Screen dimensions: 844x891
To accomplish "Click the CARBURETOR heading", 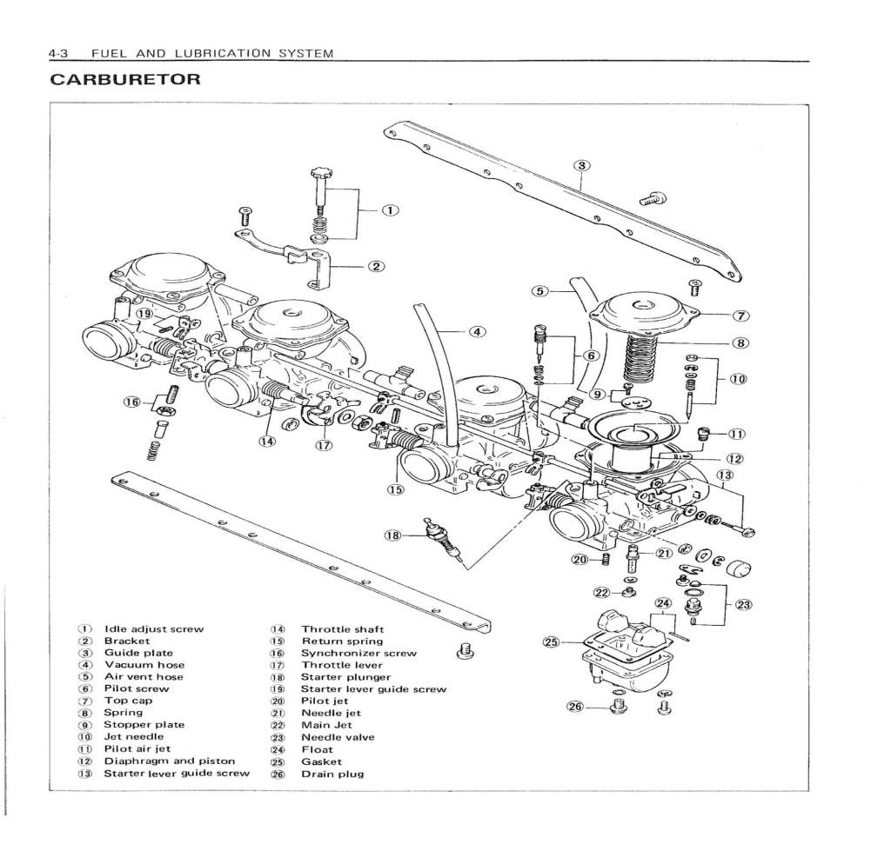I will pyautogui.click(x=125, y=80).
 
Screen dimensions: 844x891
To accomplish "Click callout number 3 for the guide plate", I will pyautogui.click(x=582, y=165).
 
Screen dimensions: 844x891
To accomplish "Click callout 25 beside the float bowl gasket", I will pyautogui.click(x=550, y=642).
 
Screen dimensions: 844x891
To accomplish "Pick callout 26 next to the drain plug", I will pyautogui.click(x=575, y=707).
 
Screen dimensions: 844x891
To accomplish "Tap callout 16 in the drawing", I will pyautogui.click(x=131, y=402).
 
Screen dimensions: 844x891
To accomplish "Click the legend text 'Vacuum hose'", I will pyautogui.click(x=144, y=665).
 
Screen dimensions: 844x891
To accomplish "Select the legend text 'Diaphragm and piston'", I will pyautogui.click(x=169, y=761).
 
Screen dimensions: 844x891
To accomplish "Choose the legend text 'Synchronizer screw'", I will pyautogui.click(x=358, y=653).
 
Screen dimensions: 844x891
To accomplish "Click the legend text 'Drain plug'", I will pyautogui.click(x=332, y=774).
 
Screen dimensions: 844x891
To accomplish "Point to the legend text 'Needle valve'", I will pyautogui.click(x=338, y=737).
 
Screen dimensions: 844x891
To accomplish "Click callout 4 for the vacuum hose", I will pyautogui.click(x=477, y=331).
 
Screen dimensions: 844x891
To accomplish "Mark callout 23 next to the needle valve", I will pyautogui.click(x=744, y=605).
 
